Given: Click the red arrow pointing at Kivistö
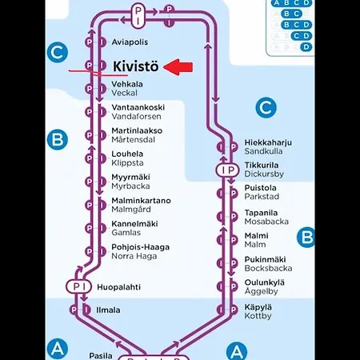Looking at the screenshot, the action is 178,67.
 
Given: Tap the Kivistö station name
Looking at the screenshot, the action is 136,66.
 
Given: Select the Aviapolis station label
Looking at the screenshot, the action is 130,42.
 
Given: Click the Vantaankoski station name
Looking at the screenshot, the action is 138,107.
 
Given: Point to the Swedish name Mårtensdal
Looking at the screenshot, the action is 133,139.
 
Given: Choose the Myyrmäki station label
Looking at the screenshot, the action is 130,177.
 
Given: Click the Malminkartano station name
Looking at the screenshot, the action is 141,200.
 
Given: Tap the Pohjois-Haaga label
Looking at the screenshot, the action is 140,247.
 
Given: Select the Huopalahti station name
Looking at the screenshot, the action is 118,287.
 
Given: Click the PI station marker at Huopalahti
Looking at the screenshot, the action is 78,286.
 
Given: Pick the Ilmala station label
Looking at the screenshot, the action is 108,310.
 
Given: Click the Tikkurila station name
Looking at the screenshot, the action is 262,165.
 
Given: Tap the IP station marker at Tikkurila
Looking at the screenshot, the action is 227,170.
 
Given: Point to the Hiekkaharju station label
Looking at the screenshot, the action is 268,142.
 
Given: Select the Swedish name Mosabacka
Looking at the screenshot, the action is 266,222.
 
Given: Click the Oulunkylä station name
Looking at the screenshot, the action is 265,282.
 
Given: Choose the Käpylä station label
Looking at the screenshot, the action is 258,307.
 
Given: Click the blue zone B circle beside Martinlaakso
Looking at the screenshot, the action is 58,139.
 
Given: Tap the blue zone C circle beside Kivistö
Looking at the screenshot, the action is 58,53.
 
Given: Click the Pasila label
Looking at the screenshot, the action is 101,356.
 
